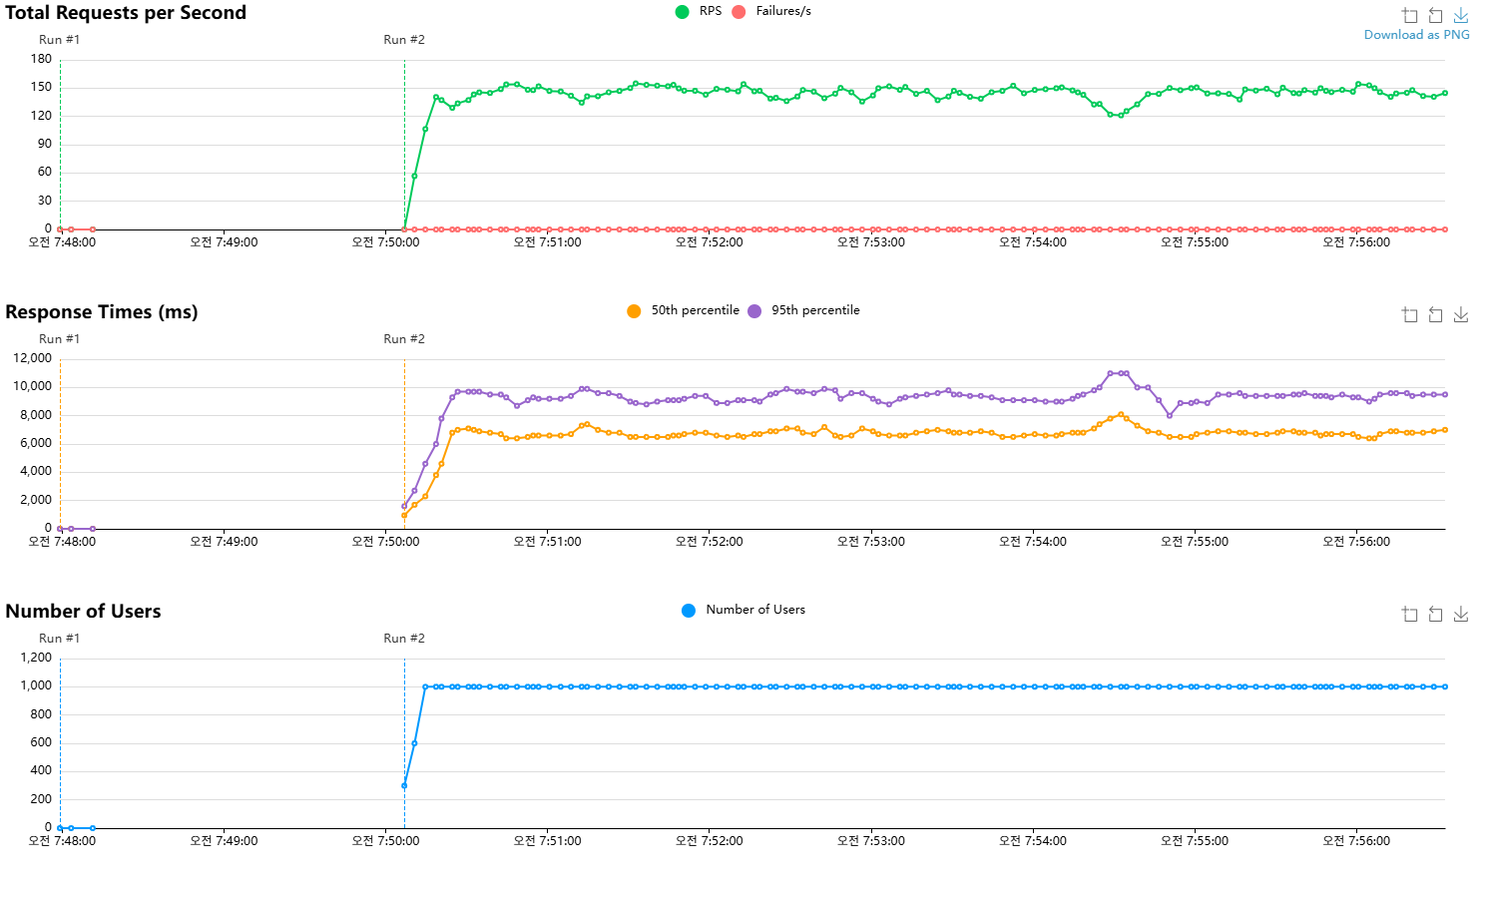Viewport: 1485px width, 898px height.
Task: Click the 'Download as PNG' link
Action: point(1416,35)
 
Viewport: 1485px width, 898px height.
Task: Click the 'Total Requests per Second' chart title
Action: point(126,13)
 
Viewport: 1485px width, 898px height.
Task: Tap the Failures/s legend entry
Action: point(771,11)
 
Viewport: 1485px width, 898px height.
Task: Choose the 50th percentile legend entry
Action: point(684,310)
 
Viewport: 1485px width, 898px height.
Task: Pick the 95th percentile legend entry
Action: point(803,310)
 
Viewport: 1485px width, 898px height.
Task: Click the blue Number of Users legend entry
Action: point(743,610)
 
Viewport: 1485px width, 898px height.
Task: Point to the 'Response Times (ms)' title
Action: point(102,312)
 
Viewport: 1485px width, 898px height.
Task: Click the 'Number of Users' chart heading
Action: point(83,612)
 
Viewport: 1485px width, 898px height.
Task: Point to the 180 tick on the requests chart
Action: point(41,59)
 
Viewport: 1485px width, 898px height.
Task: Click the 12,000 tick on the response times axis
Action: point(32,358)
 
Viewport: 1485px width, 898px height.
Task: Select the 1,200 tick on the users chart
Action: point(36,658)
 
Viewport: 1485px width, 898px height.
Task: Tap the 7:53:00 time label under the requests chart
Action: point(871,242)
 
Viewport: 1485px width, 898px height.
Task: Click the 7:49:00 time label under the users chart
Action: point(224,841)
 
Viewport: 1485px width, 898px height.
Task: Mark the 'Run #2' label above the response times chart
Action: point(404,339)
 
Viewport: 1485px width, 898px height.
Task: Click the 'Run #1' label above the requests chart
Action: point(59,40)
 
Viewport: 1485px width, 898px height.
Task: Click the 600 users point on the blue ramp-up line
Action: point(414,743)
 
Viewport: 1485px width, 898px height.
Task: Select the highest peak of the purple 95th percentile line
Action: point(1118,373)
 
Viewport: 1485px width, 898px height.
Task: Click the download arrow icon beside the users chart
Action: point(1461,615)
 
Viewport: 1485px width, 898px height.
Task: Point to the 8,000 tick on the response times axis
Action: point(36,415)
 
